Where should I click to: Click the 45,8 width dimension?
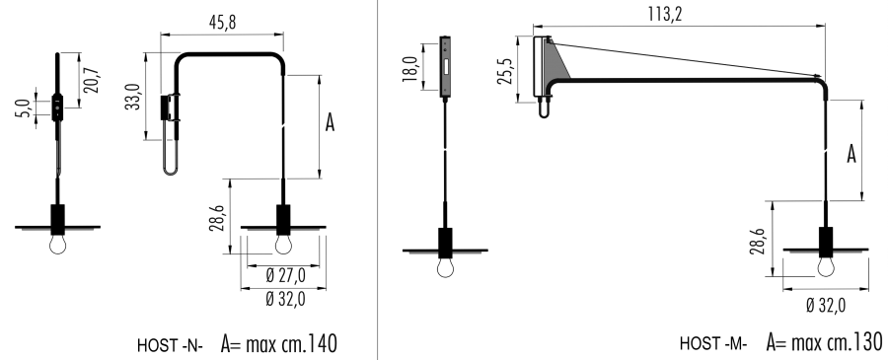tap(222, 22)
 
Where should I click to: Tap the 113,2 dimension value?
tap(665, 14)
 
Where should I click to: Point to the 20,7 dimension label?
tap(93, 80)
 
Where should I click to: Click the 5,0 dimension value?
tap(22, 108)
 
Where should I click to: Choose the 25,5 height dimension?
tap(505, 70)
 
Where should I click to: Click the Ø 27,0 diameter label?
tap(285, 275)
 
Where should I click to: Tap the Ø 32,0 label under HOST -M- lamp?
tap(826, 305)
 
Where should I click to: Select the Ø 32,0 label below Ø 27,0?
tap(285, 298)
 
